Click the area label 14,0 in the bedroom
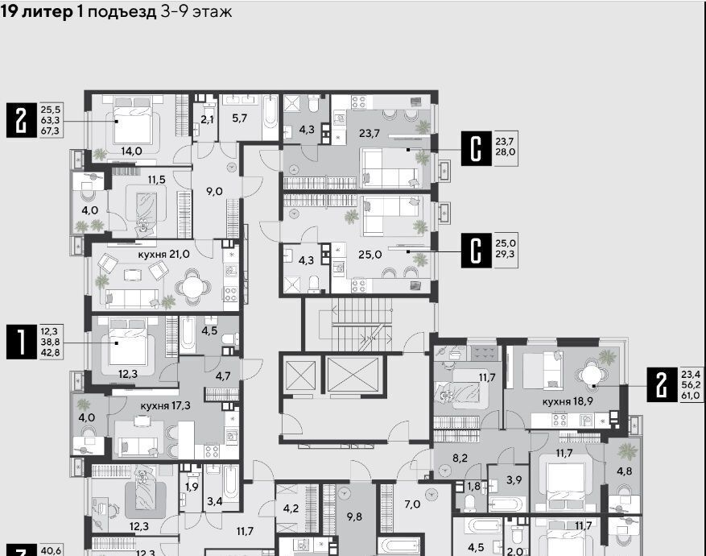[x=131, y=151]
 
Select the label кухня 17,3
[x=165, y=406]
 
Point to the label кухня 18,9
[x=568, y=401]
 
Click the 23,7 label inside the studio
[x=370, y=134]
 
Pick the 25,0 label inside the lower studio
[x=370, y=255]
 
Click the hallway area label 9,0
[x=214, y=192]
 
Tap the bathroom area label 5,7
[x=240, y=118]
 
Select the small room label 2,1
[x=207, y=120]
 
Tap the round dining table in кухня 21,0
[x=192, y=287]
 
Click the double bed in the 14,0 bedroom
[x=133, y=120]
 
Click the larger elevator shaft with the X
[x=353, y=375]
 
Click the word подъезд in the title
[x=122, y=11]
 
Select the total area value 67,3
[x=51, y=131]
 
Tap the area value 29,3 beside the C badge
[x=506, y=254]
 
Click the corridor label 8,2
[x=460, y=458]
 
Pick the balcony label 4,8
[x=624, y=471]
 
